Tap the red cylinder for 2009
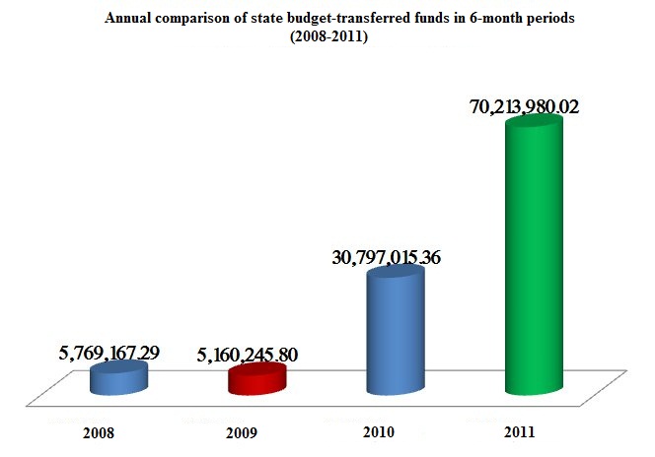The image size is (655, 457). click(x=256, y=379)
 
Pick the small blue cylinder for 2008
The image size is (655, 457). click(x=119, y=377)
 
